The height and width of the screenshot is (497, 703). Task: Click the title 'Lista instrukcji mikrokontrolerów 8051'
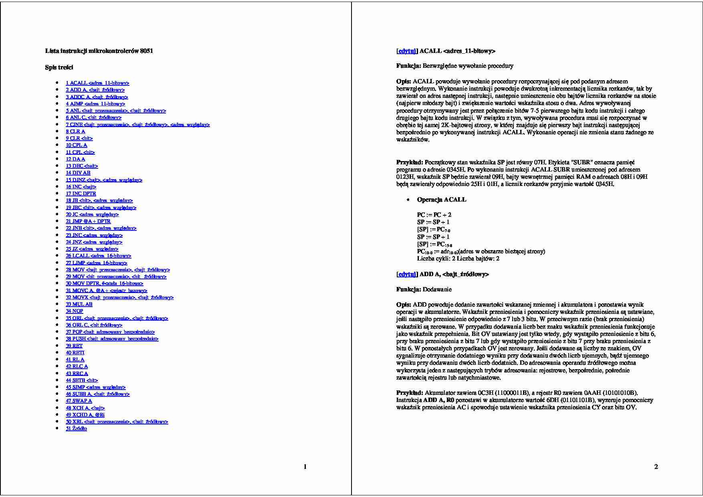[x=99, y=51]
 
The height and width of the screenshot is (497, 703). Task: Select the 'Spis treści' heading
[x=59, y=67]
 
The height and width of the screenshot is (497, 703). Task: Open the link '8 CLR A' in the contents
[x=75, y=131]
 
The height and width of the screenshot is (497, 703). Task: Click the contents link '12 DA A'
[x=75, y=159]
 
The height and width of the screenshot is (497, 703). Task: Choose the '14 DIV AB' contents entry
[x=78, y=173]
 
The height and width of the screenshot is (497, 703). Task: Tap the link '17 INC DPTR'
[x=81, y=194]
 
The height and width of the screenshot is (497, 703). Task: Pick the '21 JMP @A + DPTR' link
[x=88, y=221]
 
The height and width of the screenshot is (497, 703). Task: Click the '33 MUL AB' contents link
[x=79, y=304]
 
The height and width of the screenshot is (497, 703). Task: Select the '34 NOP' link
[x=75, y=311]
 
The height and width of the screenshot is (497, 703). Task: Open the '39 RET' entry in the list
[x=74, y=346]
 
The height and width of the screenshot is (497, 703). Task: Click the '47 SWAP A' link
[x=79, y=401]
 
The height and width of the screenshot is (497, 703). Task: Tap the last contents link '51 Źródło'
[x=76, y=428]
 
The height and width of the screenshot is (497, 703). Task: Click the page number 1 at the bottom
[x=305, y=467]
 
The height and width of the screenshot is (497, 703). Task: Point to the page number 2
[x=656, y=467]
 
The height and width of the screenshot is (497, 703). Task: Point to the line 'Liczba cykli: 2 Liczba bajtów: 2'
[x=458, y=259]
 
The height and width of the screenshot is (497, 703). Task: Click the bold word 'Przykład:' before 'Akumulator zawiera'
[x=410, y=393]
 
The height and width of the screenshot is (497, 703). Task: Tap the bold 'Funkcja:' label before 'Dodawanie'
[x=408, y=289]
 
